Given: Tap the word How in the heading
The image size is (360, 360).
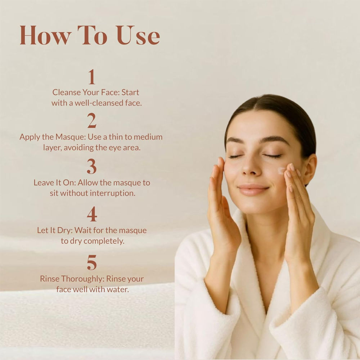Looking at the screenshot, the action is pos(45,35).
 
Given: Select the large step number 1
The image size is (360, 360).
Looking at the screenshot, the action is pos(92,77).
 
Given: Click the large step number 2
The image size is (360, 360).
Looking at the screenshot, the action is pos(92,120).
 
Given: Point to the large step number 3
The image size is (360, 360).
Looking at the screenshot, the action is pos(92,166).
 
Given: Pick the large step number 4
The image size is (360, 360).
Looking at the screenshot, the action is pos(92,214).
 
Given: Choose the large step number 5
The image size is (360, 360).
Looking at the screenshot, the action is pos(92,262).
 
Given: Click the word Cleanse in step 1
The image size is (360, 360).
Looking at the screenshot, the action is pos(66,92).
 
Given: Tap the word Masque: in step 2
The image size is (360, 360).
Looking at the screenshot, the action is pos(71,137).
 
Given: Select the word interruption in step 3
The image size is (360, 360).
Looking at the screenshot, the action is pos(112,193).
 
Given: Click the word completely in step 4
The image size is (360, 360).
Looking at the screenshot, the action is pos(104,241).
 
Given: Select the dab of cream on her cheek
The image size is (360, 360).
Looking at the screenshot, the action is pos(282,171).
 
